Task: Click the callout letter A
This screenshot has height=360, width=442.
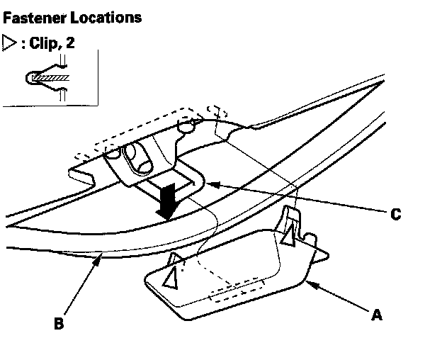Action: (x=377, y=315)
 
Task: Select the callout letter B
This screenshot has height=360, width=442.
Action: (x=59, y=325)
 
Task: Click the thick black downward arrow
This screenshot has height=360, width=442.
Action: (x=168, y=201)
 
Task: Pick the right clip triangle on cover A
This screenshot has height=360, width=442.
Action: (x=288, y=237)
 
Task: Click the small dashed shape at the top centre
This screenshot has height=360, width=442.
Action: (x=217, y=111)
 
